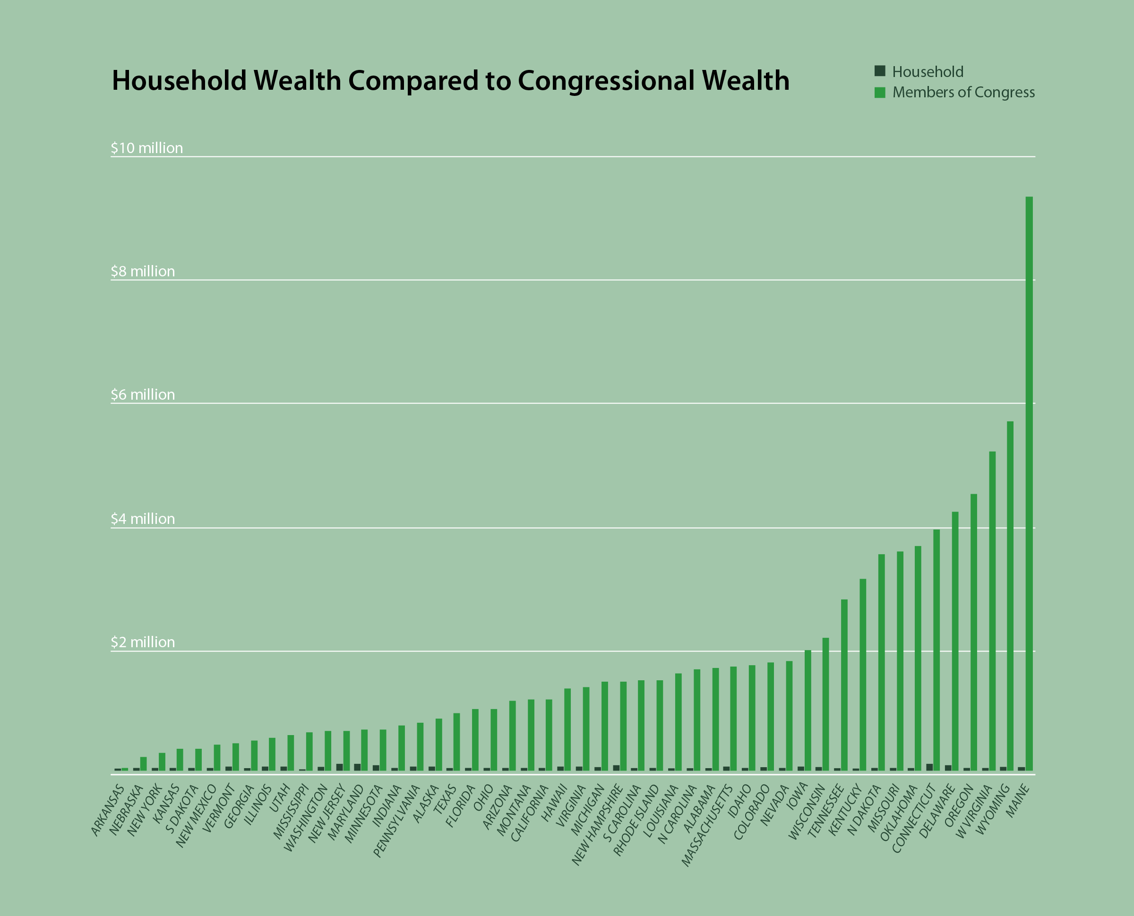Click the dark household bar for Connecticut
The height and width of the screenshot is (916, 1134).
(x=929, y=767)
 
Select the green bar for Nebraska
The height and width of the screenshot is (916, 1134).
(x=143, y=763)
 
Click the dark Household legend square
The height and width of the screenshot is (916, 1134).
(x=880, y=71)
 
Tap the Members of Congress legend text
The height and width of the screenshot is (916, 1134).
(x=963, y=92)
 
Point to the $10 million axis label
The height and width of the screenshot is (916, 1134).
(x=146, y=148)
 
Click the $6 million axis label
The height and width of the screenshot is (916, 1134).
(x=143, y=394)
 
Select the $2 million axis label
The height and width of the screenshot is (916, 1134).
(x=143, y=642)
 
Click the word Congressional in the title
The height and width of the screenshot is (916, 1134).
(x=605, y=81)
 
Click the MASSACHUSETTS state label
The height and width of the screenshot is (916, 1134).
(x=707, y=826)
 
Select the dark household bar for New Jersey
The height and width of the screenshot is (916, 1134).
(x=339, y=767)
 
